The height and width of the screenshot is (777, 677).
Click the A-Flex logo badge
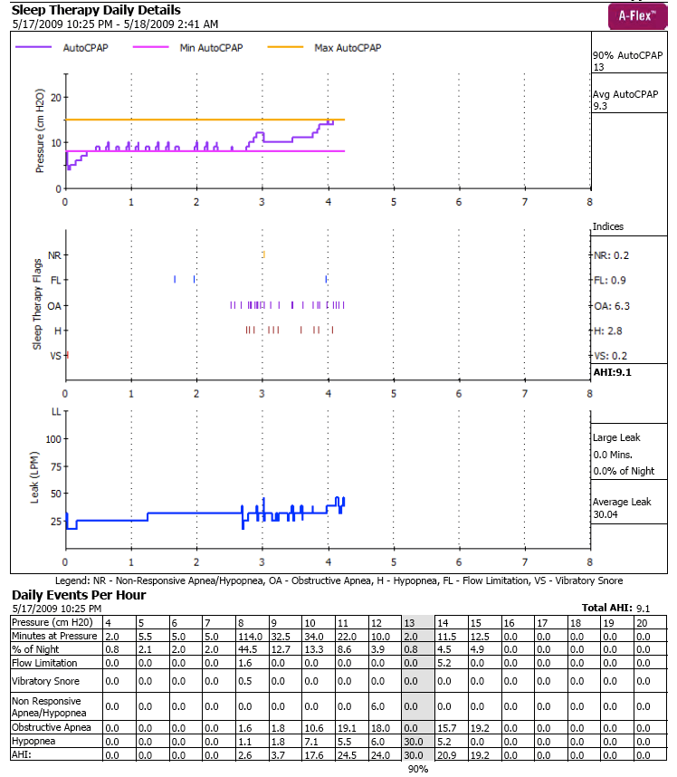pyautogui.click(x=638, y=15)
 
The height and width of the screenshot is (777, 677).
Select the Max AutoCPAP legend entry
pyautogui.click(x=347, y=47)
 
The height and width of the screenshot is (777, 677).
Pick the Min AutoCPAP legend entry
pyautogui.click(x=219, y=47)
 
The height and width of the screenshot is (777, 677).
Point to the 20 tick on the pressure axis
pyautogui.click(x=56, y=97)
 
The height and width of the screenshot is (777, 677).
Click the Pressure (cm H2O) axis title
pyautogui.click(x=40, y=138)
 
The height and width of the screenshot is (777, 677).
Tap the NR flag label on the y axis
pyautogui.click(x=54, y=255)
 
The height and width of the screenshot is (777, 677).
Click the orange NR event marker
pyautogui.click(x=262, y=254)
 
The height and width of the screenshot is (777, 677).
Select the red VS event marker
pyautogui.click(x=67, y=355)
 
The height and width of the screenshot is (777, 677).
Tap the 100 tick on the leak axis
pyautogui.click(x=52, y=438)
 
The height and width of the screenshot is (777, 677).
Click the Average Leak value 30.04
pyautogui.click(x=605, y=514)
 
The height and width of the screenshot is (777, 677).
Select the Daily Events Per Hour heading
pyautogui.click(x=79, y=595)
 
